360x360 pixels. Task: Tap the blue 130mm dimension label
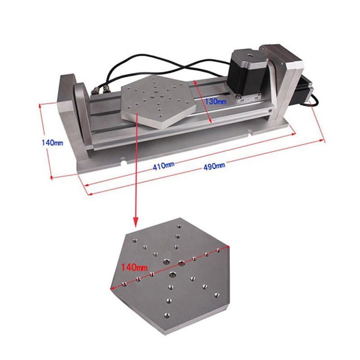click(216, 102)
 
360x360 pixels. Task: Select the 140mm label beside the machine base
click(52, 143)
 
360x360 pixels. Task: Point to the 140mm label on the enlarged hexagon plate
click(135, 267)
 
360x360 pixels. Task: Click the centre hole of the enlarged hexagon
click(181, 262)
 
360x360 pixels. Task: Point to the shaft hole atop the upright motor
click(247, 54)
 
